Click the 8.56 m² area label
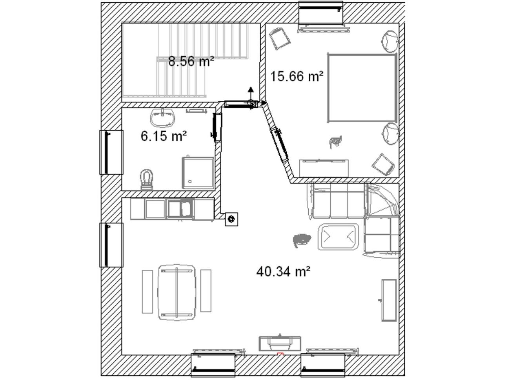click(191, 61)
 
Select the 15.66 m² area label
click(297, 76)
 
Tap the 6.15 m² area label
click(164, 136)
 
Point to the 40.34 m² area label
click(283, 271)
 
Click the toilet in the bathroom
click(147, 179)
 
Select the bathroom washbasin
click(162, 117)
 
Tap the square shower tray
click(198, 173)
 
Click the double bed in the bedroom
click(362, 88)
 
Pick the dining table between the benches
click(177, 292)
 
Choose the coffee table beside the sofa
click(338, 237)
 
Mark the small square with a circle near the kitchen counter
click(231, 219)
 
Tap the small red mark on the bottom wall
click(280, 360)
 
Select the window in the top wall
click(321, 12)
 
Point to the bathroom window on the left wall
click(111, 152)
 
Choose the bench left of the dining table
click(147, 292)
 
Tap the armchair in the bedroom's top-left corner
click(279, 38)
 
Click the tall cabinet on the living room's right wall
click(389, 300)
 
